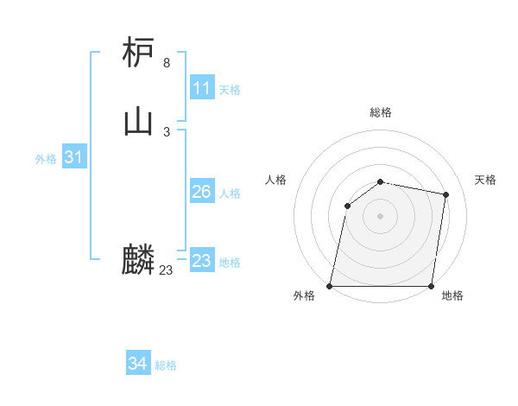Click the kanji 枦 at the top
click(138, 53)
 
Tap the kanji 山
click(138, 122)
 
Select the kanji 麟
click(138, 260)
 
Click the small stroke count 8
click(167, 63)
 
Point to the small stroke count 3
click(167, 132)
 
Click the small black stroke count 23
click(166, 270)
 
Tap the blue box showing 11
click(201, 88)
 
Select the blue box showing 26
click(201, 192)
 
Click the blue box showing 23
click(201, 261)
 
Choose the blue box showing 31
click(73, 157)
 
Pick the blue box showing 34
click(137, 365)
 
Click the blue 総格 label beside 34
click(166, 365)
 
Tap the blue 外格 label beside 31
click(46, 159)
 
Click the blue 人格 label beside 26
click(230, 193)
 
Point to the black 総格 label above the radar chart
click(381, 113)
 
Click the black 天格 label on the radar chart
click(485, 180)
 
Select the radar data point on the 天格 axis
click(446, 195)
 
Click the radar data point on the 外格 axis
click(330, 286)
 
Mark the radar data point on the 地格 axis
click(432, 286)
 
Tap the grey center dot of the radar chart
click(381, 216)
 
